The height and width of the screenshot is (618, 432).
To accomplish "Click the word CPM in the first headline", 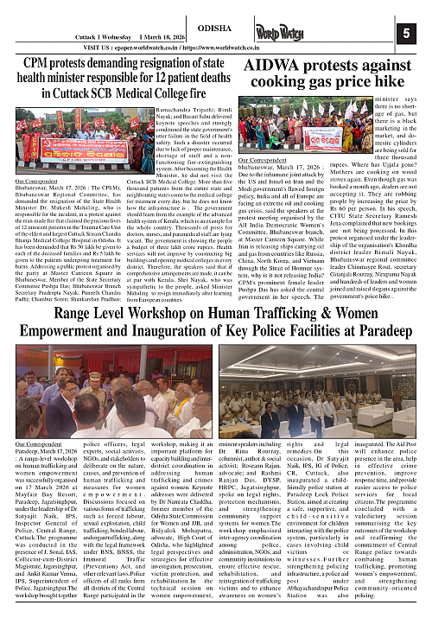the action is (37, 62).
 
